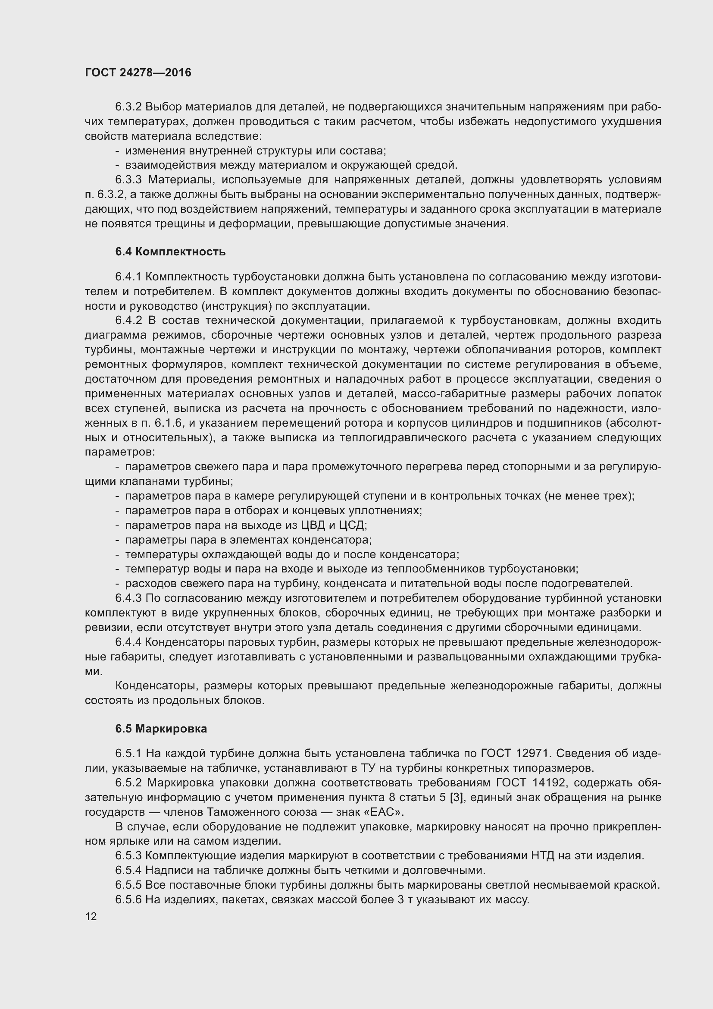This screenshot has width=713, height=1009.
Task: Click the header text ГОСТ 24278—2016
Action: pyautogui.click(x=138, y=72)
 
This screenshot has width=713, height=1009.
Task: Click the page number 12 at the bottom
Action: pyautogui.click(x=91, y=916)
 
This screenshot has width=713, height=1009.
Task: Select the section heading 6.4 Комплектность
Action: pyautogui.click(x=170, y=252)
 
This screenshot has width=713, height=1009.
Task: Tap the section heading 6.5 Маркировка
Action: pyautogui.click(x=161, y=729)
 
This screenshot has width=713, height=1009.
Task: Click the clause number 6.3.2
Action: pyautogui.click(x=128, y=107)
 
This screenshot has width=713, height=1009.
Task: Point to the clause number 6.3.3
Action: pyautogui.click(x=128, y=180)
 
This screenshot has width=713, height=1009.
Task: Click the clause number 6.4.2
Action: pyautogui.click(x=128, y=321)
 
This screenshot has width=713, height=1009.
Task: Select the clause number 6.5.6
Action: pyautogui.click(x=128, y=899)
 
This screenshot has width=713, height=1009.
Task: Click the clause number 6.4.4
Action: pyautogui.click(x=128, y=642)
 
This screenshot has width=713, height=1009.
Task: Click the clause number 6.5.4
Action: pyautogui.click(x=128, y=870)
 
